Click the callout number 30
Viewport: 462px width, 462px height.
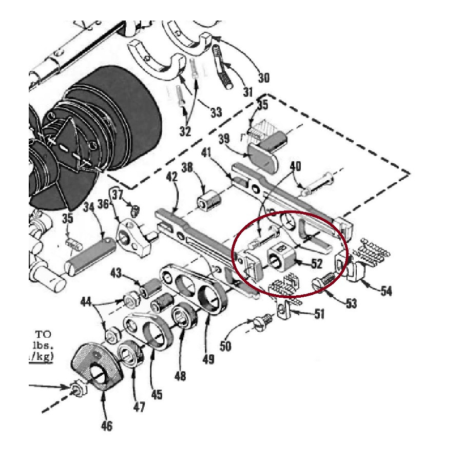(263, 78)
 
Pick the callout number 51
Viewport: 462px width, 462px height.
(319, 313)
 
